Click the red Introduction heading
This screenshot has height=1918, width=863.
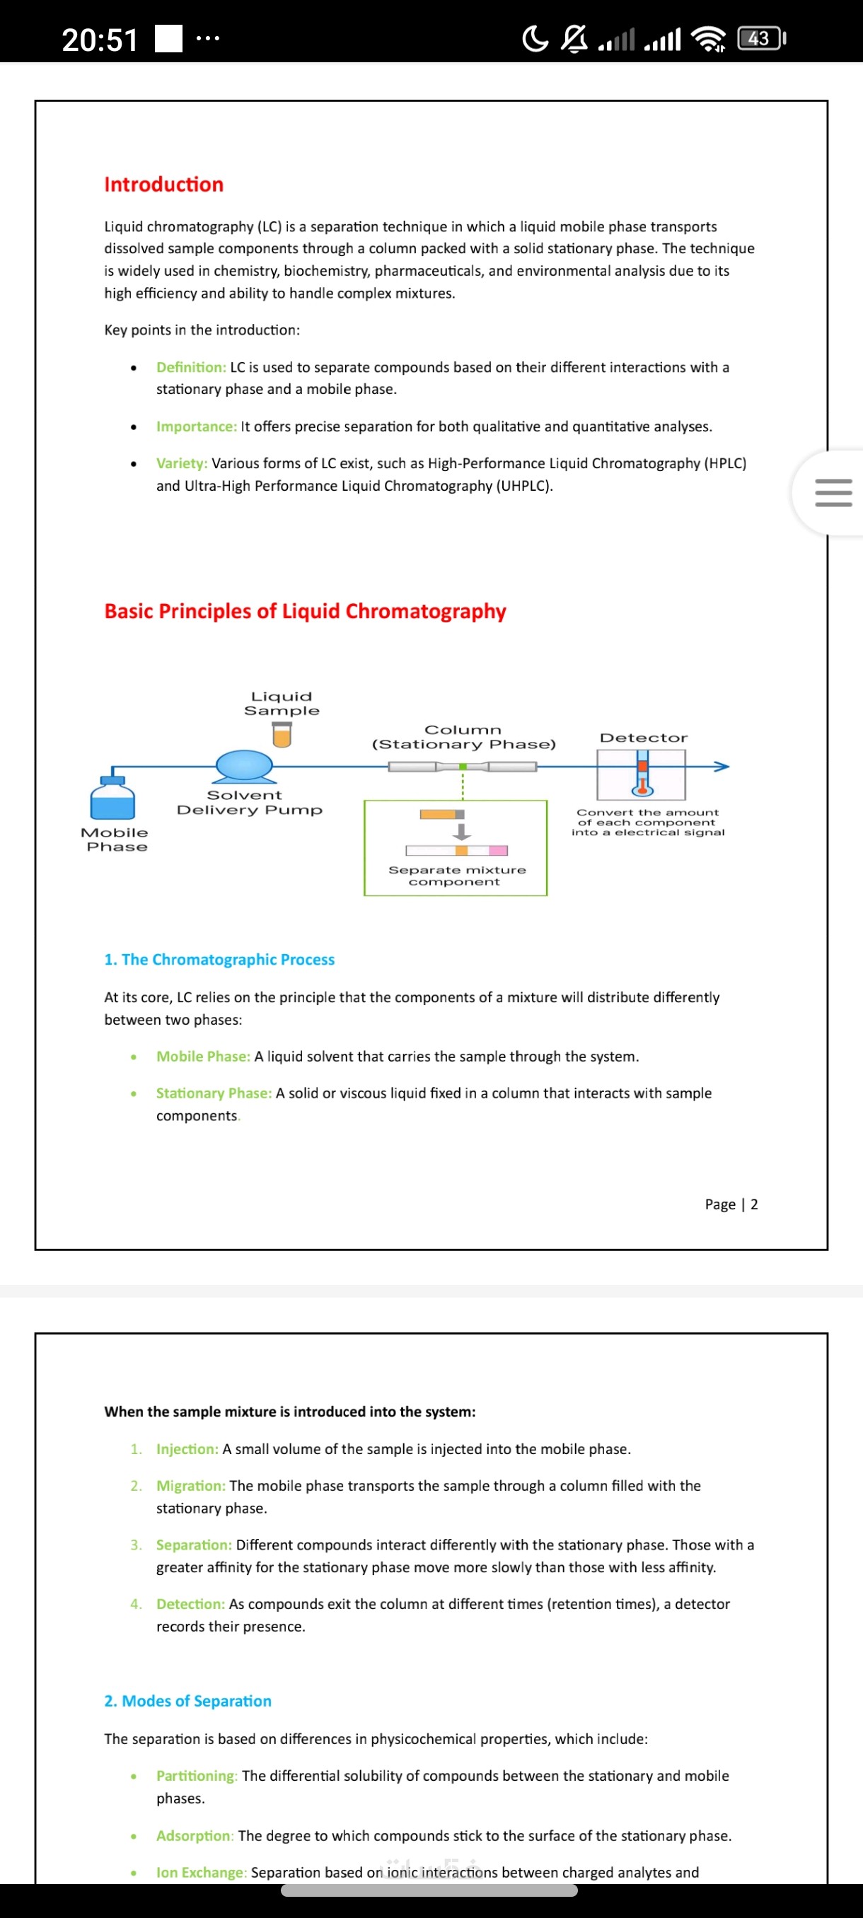coord(164,185)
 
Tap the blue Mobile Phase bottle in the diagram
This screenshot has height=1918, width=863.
coord(112,800)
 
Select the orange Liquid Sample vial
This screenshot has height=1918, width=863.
coord(282,736)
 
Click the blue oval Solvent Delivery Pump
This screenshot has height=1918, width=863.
coord(244,765)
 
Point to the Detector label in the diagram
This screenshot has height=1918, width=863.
coord(643,738)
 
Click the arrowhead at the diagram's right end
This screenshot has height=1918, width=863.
coord(721,766)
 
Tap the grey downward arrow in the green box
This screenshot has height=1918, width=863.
coord(462,832)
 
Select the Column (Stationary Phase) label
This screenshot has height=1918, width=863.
coord(463,737)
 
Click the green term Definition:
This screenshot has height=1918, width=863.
coord(190,367)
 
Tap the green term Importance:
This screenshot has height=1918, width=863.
coord(197,426)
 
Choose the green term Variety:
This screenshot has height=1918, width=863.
coord(182,463)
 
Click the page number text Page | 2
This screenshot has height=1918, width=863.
coord(731,1204)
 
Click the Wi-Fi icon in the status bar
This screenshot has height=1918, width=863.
coord(707,39)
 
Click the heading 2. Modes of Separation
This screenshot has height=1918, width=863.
coord(187,1702)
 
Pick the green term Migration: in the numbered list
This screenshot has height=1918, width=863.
coord(190,1485)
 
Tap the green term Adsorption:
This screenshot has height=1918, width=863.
coord(195,1835)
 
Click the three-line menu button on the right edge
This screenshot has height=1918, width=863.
coord(833,493)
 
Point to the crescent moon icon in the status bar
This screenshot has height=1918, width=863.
coord(535,39)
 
